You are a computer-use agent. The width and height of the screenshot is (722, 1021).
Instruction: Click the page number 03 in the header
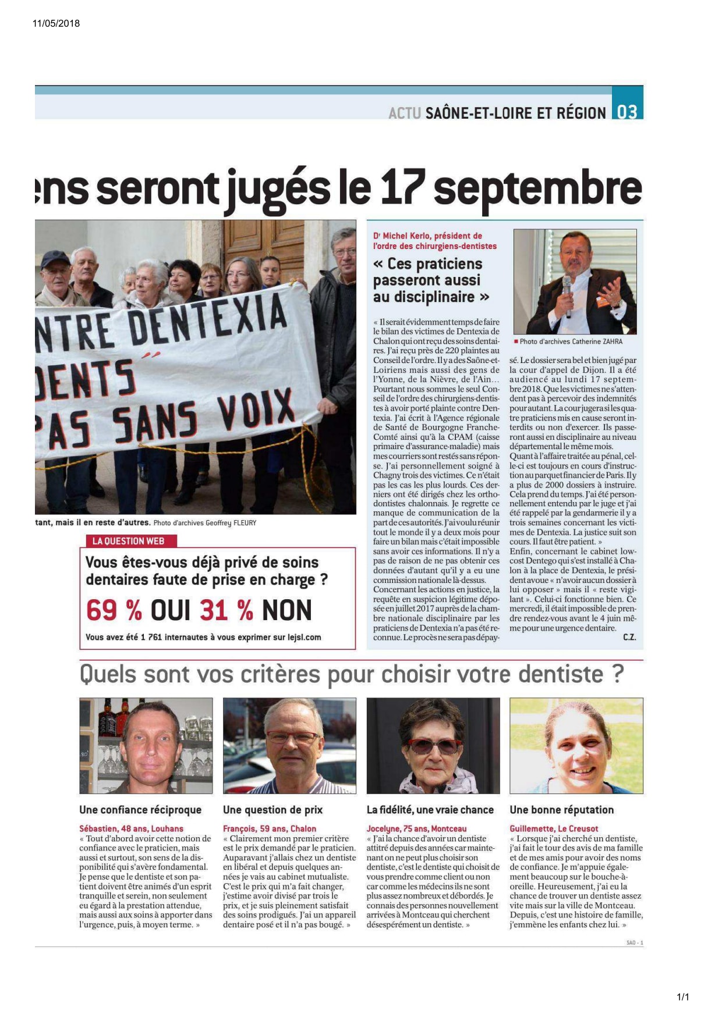pyautogui.click(x=627, y=111)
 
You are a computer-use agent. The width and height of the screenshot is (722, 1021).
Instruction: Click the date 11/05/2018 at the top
pyautogui.click(x=56, y=23)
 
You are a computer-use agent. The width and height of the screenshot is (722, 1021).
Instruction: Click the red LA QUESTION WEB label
pyautogui.click(x=128, y=541)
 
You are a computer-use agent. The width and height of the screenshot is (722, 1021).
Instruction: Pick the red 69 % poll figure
pyautogui.click(x=114, y=610)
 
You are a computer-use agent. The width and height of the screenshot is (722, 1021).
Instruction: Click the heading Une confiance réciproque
pyautogui.click(x=140, y=810)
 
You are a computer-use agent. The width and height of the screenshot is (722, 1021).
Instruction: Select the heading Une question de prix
pyautogui.click(x=272, y=810)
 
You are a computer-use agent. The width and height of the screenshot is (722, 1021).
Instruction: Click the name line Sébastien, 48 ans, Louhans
pyautogui.click(x=131, y=828)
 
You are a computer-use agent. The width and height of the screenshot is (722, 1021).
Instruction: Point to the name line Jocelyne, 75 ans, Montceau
pyautogui.click(x=416, y=828)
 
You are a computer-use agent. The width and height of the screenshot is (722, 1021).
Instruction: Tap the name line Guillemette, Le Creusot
pyautogui.click(x=554, y=828)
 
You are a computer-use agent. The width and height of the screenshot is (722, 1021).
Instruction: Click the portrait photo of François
pyautogui.click(x=289, y=746)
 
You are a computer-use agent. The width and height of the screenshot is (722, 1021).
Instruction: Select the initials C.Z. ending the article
pyautogui.click(x=629, y=638)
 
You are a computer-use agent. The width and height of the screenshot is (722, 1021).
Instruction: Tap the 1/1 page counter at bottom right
pyautogui.click(x=682, y=997)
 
